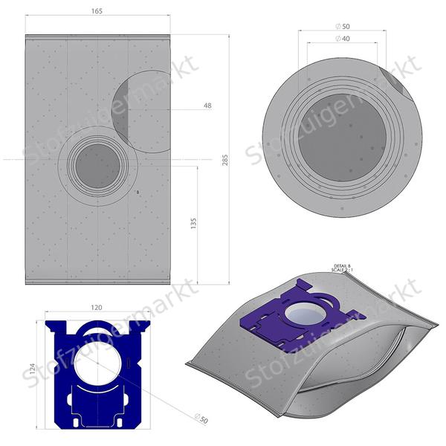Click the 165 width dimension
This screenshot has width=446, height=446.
(x=98, y=11)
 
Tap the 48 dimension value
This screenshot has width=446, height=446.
(x=207, y=106)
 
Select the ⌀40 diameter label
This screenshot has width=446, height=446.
(x=343, y=38)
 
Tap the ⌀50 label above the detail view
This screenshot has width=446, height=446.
(x=343, y=26)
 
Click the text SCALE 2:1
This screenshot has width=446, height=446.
(x=343, y=271)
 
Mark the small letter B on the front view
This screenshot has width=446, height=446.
(x=138, y=193)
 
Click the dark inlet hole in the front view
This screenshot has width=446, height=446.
(x=97, y=166)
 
